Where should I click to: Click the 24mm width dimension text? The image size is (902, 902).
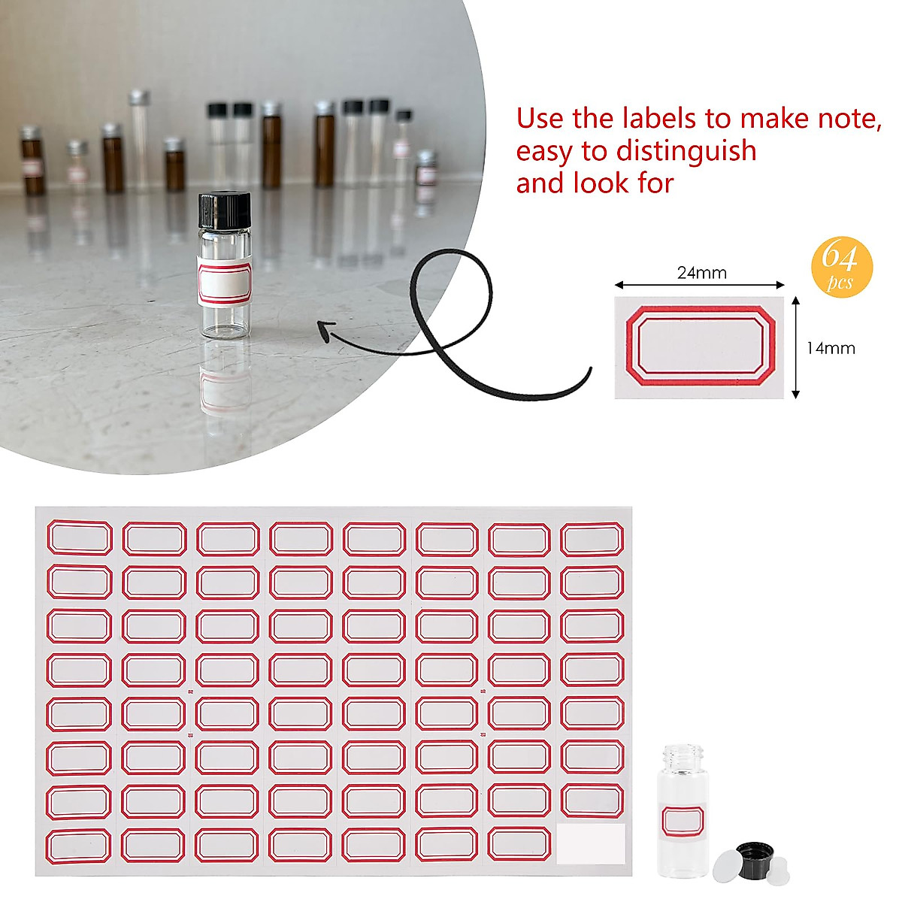(701, 273)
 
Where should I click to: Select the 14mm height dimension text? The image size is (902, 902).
(831, 348)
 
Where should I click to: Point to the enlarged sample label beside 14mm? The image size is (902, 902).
(698, 347)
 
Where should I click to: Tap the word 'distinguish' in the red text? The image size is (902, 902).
(686, 151)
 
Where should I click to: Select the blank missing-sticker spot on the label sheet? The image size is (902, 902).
(592, 843)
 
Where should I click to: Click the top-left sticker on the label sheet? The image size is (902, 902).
(80, 538)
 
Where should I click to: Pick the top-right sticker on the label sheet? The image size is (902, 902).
(592, 539)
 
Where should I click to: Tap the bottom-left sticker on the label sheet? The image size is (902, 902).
(79, 845)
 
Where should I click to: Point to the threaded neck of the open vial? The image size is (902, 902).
(683, 754)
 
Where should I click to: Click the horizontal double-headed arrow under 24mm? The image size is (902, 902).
(700, 285)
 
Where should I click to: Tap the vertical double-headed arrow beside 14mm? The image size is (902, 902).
(795, 347)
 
